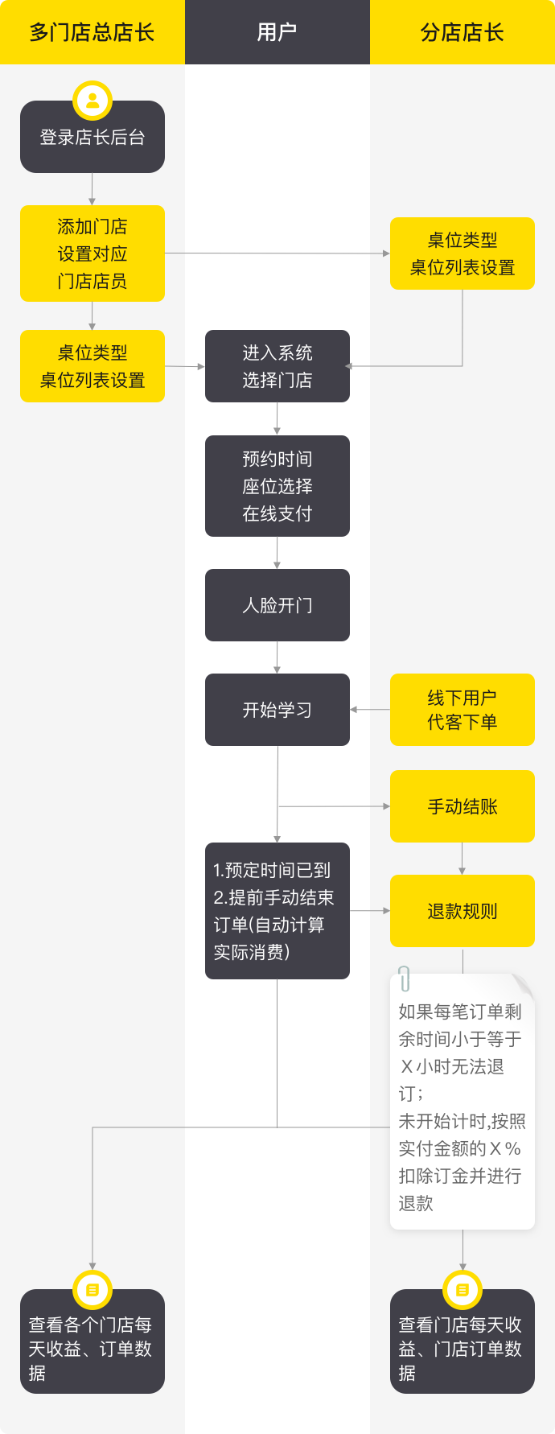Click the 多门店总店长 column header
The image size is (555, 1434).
tap(92, 32)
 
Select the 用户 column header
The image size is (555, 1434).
tap(277, 32)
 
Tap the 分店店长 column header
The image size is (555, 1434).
tap(462, 32)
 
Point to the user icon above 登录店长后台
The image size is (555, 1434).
tap(92, 101)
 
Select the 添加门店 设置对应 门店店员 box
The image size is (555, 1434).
tap(92, 253)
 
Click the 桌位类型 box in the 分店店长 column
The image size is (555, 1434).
tap(462, 253)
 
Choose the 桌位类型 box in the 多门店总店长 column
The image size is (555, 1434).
tap(92, 366)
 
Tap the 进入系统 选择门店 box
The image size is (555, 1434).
tap(277, 366)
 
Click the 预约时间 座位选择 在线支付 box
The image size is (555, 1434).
tap(277, 486)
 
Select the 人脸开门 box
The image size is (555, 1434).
tap(277, 605)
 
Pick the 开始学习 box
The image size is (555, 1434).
tap(277, 710)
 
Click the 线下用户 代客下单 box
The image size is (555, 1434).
tap(462, 710)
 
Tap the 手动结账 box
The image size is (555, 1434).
tap(462, 806)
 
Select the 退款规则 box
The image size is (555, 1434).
tap(462, 911)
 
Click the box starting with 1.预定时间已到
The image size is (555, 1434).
tap(277, 911)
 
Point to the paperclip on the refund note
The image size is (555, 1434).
tap(405, 979)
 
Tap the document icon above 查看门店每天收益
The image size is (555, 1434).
tap(462, 1290)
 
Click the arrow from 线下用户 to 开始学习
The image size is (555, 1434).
tap(370, 710)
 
